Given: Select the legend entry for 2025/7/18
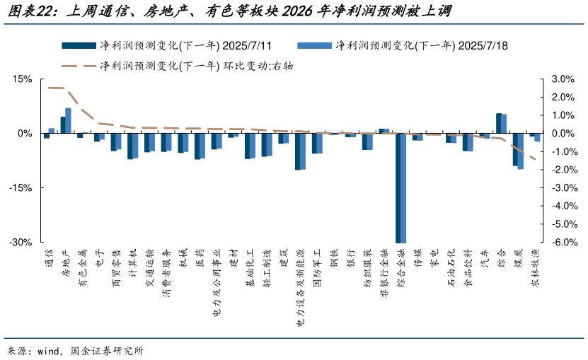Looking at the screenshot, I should coord(403,46).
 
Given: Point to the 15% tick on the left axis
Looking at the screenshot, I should coord(23,79).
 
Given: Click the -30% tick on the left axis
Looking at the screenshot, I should coord(21,242).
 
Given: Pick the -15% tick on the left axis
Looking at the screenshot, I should coord(21,187).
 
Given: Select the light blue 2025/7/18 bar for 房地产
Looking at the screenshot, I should coord(69,120).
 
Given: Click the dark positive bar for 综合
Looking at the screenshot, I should coord(499,123).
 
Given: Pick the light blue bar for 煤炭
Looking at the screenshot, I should coord(521,151).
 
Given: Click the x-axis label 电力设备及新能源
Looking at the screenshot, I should coord(301,287).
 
